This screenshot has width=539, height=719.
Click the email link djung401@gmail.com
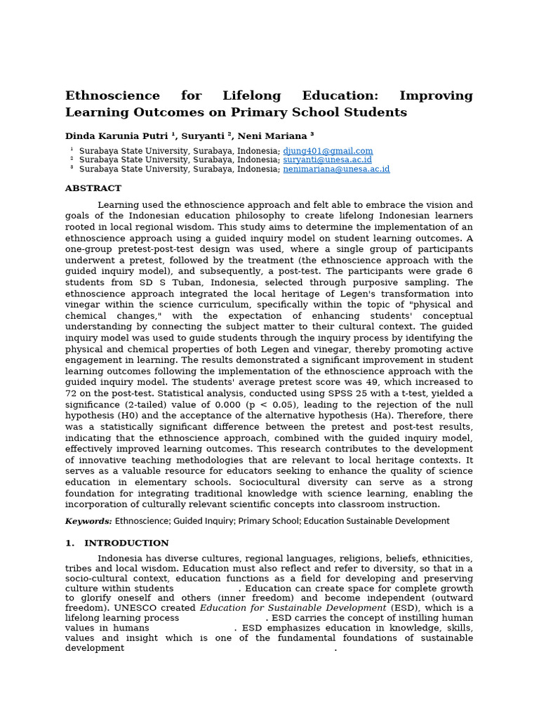[x=328, y=151]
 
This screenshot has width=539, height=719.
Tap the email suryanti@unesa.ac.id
[x=327, y=160]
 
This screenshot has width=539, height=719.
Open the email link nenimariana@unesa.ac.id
[x=336, y=169]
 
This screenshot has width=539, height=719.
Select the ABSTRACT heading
[x=93, y=188]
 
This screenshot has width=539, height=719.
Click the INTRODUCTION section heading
[x=126, y=543]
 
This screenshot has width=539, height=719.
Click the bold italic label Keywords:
[x=88, y=521]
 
